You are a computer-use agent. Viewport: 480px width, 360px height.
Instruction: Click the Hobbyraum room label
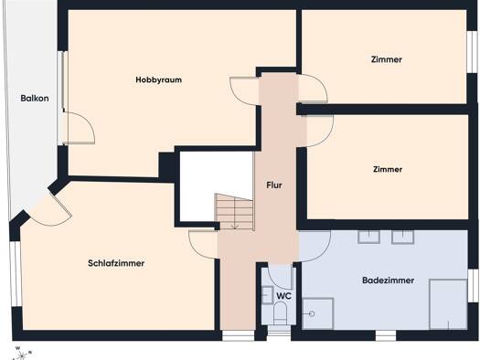[x=158, y=79]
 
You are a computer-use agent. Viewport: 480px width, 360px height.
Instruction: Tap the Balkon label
[x=35, y=98]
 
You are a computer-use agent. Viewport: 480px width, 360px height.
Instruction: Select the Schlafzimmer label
[x=116, y=263]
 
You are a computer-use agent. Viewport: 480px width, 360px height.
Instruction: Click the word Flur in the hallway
[x=274, y=185]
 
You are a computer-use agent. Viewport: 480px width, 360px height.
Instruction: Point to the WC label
[x=283, y=296]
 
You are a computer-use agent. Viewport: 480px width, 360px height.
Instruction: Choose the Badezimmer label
[x=389, y=281]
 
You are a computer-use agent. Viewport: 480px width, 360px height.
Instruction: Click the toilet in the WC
[x=280, y=312]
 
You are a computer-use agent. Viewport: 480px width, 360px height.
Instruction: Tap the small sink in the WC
[x=267, y=295]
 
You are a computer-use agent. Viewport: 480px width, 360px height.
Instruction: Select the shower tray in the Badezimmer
[x=318, y=313]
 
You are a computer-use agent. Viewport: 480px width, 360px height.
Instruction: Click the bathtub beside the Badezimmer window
[x=448, y=304]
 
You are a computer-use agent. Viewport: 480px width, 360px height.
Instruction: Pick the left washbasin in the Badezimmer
[x=368, y=237]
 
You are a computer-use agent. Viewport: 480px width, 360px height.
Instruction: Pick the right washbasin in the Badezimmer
[x=403, y=237]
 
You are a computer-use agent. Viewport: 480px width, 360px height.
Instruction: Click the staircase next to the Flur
[x=234, y=212]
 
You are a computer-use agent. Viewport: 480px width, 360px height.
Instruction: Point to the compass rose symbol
[x=21, y=355]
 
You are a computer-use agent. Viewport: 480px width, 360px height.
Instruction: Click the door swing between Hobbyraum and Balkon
[x=79, y=128]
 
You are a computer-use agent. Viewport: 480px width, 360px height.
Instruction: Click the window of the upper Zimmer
[x=472, y=52]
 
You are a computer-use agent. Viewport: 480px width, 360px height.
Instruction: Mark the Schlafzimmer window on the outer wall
[x=16, y=274]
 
